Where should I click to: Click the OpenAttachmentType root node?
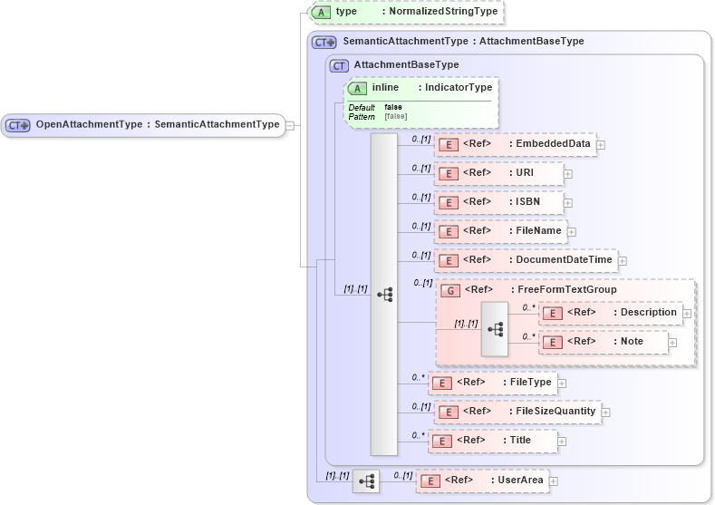click(144, 125)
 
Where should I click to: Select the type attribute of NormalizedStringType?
click(407, 12)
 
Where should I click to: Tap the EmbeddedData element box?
click(516, 144)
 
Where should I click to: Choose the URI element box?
click(498, 173)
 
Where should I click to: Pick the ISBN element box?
click(498, 202)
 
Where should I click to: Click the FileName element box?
click(501, 231)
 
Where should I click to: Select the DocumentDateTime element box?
click(527, 261)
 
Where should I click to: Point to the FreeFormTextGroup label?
click(566, 290)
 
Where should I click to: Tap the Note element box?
click(604, 342)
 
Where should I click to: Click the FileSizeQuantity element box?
click(517, 412)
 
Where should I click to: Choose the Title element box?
click(492, 441)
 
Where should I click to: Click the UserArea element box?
click(482, 481)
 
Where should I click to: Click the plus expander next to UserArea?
click(554, 481)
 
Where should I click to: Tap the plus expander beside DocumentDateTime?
click(623, 261)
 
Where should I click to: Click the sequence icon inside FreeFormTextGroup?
click(495, 328)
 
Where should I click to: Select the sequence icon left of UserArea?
click(366, 481)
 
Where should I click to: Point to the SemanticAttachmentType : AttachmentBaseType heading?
click(463, 42)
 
